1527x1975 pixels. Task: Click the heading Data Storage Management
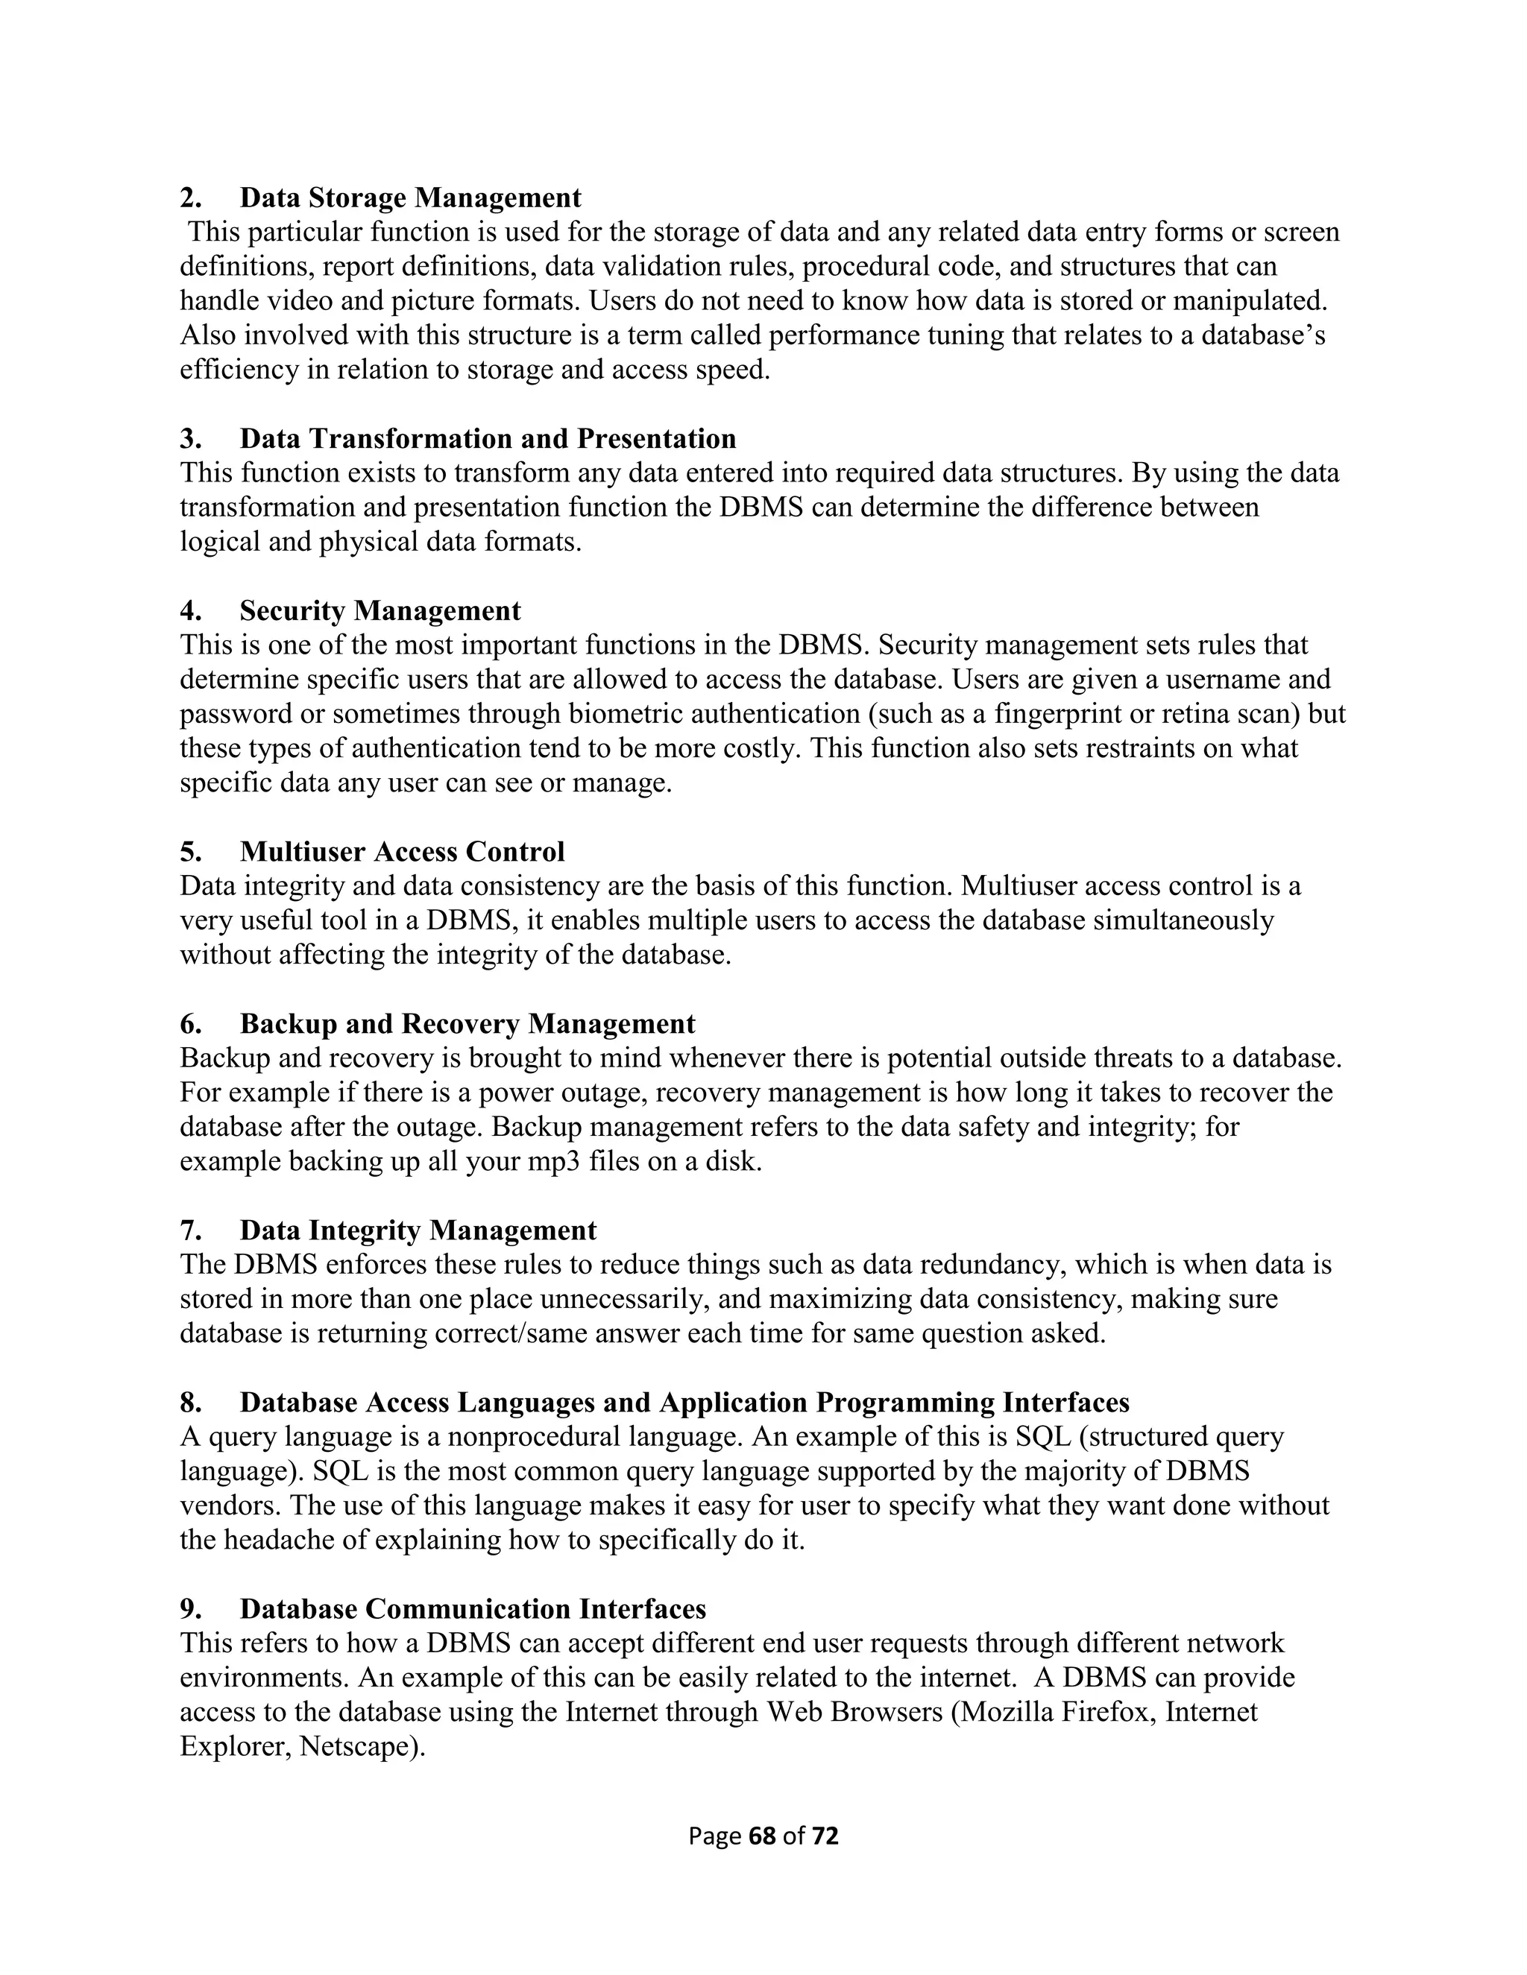tap(410, 197)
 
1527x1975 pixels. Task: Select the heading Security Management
tap(380, 611)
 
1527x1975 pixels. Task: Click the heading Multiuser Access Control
tap(402, 852)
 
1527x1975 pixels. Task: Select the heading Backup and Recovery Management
tap(467, 1024)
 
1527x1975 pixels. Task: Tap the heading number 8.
tap(190, 1403)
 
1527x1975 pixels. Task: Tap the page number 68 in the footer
tap(763, 1836)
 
